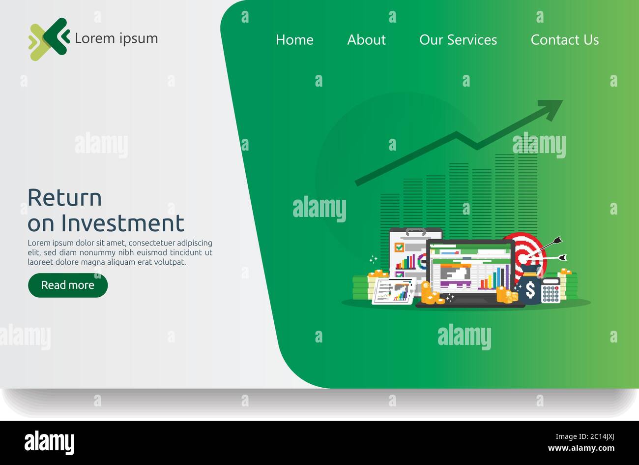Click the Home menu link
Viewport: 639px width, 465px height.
[294, 40]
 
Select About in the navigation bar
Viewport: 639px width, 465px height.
[366, 40]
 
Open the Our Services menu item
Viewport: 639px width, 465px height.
[458, 40]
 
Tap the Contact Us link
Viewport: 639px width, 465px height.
[565, 40]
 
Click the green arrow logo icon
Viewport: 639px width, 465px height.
[49, 39]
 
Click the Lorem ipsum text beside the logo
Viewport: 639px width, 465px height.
[116, 38]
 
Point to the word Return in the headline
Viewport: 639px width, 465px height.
[64, 198]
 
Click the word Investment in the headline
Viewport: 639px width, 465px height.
[122, 223]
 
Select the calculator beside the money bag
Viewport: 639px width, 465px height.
[551, 291]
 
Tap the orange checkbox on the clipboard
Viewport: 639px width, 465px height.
[400, 248]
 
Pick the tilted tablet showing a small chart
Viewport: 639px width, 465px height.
[394, 291]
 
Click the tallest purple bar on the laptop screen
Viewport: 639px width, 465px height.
[507, 277]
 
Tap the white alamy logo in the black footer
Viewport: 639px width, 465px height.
[49, 442]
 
